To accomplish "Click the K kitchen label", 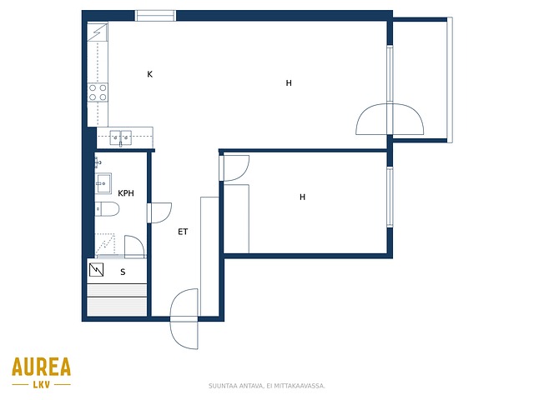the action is (150, 74).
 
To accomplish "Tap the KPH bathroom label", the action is (126, 193).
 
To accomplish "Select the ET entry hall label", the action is (183, 232).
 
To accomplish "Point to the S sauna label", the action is (123, 272).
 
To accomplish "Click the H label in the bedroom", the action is (302, 197).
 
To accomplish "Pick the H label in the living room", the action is (289, 83).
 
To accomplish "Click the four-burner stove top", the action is (98, 92).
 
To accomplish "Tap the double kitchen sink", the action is (120, 137).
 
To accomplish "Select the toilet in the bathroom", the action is (107, 209).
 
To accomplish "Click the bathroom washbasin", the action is (103, 183).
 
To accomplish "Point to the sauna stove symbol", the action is (97, 270).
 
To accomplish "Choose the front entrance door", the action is (184, 318).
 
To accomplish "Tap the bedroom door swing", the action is (235, 168).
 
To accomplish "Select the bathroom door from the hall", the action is (159, 213).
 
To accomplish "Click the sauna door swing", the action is (134, 247).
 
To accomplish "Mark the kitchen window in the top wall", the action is (155, 16).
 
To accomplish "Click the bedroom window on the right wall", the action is (390, 197).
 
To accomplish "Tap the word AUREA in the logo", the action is (41, 367).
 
